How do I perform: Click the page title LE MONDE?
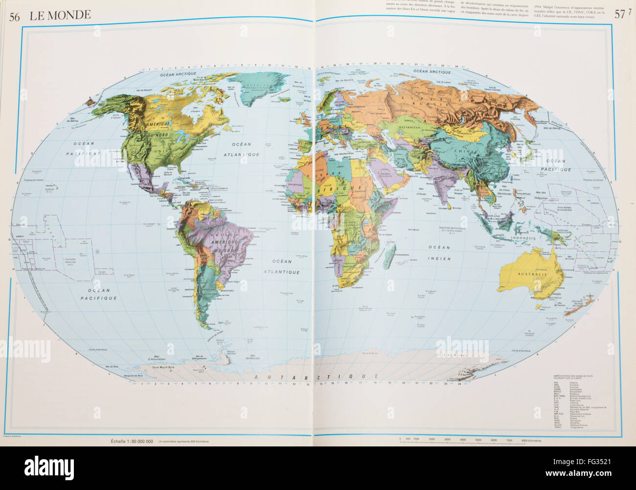tap(60, 15)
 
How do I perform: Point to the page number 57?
tap(619, 15)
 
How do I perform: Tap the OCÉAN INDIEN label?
tap(439, 252)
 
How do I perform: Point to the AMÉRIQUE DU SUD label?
tap(225, 246)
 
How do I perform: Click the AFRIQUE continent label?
tap(342, 188)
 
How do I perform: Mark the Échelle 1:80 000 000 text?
tap(132, 442)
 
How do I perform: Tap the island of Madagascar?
tap(390, 254)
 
